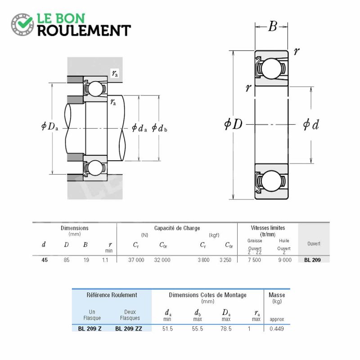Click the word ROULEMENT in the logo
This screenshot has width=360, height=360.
(x=84, y=31)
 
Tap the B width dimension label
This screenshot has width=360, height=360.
(x=272, y=26)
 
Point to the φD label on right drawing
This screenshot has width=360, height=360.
(x=233, y=124)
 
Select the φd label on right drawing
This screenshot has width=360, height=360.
(x=311, y=125)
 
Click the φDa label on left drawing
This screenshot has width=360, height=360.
(x=49, y=126)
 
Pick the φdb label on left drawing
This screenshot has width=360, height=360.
(x=159, y=128)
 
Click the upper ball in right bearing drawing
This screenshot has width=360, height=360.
(x=271, y=68)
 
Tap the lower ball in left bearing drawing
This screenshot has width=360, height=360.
(x=95, y=168)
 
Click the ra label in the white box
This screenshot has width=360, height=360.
(x=115, y=73)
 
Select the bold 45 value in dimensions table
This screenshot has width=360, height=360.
(x=45, y=260)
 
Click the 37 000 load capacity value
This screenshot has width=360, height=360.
(x=136, y=260)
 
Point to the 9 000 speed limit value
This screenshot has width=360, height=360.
(x=285, y=260)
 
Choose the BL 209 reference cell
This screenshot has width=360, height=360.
(x=312, y=260)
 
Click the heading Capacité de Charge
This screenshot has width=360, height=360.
(x=177, y=228)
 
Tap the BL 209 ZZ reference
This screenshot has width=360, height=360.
(x=129, y=329)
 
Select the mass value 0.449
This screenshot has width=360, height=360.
(x=277, y=329)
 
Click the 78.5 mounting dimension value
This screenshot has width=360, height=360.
(x=226, y=329)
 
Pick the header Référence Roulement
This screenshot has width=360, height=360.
(x=112, y=295)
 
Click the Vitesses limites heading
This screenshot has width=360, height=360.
(x=268, y=228)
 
